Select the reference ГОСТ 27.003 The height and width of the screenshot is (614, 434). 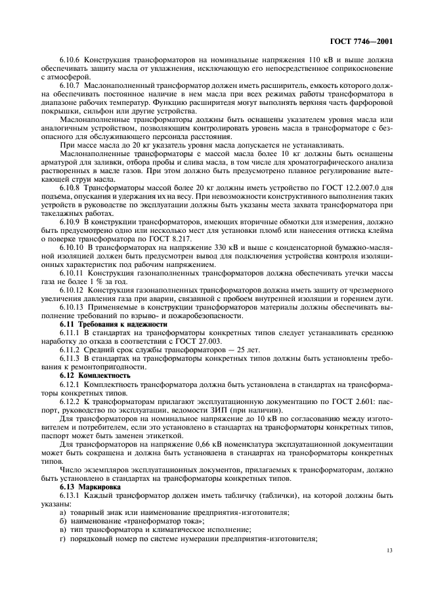coord(198,341)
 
